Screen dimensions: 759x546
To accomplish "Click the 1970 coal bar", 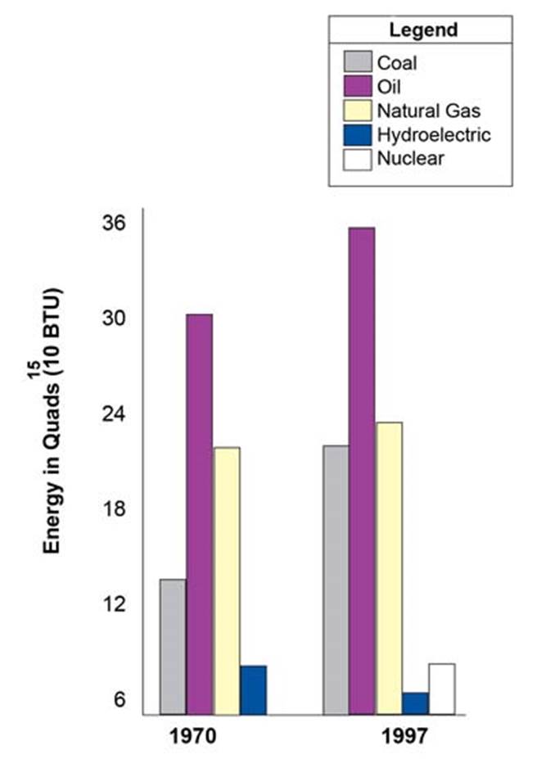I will pos(173,647).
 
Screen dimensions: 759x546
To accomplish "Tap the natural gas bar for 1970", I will pos(227,581).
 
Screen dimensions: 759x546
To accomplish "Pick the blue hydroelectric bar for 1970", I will pos(254,689).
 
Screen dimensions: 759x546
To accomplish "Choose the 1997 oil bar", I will pos(362,471).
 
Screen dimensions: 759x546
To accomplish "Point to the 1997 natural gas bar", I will pos(389,568).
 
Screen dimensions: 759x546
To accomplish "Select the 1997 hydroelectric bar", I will pos(415,703).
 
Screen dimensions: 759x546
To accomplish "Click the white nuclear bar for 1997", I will pos(441,689).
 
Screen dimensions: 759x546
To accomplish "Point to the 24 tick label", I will pos(113,413).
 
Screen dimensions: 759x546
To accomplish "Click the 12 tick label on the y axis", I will pos(113,604).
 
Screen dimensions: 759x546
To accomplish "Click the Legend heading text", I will pos(422,31).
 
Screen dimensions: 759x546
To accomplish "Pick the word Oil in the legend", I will pos(390,86).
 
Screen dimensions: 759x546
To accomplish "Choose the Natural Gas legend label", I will pos(428,110).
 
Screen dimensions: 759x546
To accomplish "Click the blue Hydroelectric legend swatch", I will pos(358,134).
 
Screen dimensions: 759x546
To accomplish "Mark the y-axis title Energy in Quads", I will pos(54,418).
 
